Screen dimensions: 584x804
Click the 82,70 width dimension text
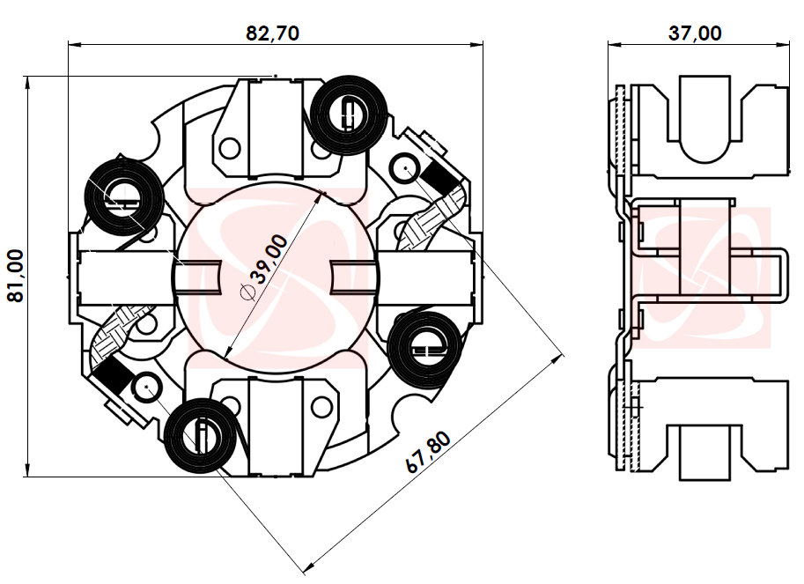[272, 33]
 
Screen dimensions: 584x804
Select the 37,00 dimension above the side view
[695, 33]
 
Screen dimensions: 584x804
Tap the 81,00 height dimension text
[15, 276]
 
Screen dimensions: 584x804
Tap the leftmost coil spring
[123, 196]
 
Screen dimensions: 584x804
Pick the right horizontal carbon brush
[432, 276]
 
